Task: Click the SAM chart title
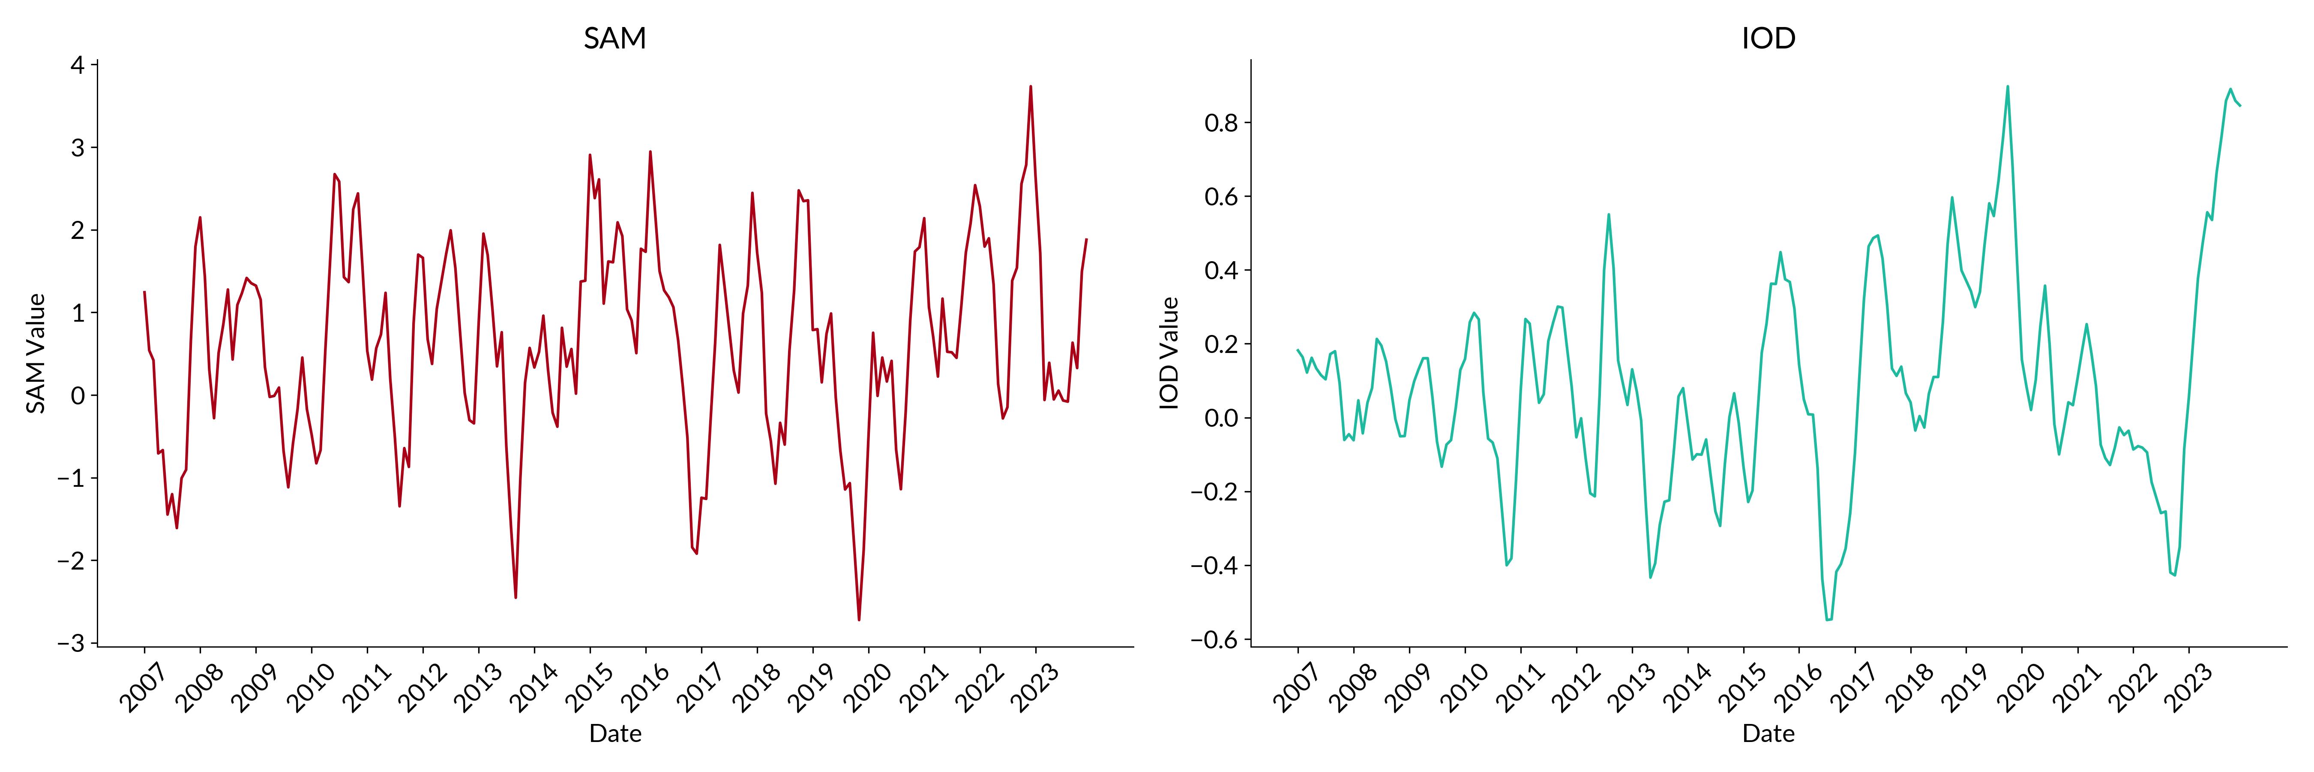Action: [614, 38]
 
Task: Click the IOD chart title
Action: [1768, 38]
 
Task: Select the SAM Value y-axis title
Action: [36, 353]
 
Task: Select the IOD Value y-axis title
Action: [1169, 353]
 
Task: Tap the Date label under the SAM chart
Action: [614, 733]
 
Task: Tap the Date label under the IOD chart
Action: [1768, 733]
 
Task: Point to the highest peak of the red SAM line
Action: [1030, 86]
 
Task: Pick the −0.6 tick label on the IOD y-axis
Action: [1214, 640]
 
